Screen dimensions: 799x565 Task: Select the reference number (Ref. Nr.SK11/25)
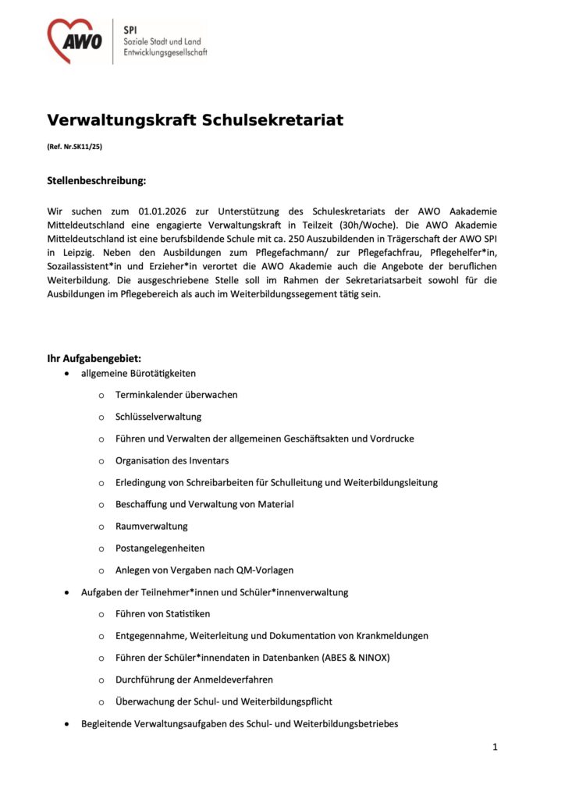[75, 147]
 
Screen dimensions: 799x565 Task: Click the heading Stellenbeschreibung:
[97, 181]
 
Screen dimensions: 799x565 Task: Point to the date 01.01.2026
[164, 211]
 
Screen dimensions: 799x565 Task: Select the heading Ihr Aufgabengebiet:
[94, 359]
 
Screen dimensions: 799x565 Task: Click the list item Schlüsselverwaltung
[158, 417]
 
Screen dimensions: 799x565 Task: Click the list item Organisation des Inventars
[172, 460]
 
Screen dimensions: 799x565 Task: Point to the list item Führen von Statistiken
[162, 614]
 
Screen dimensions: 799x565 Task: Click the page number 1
[495, 747]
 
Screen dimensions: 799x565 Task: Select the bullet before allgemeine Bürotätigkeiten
[66, 374]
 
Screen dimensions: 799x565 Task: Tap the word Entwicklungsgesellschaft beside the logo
[165, 54]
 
